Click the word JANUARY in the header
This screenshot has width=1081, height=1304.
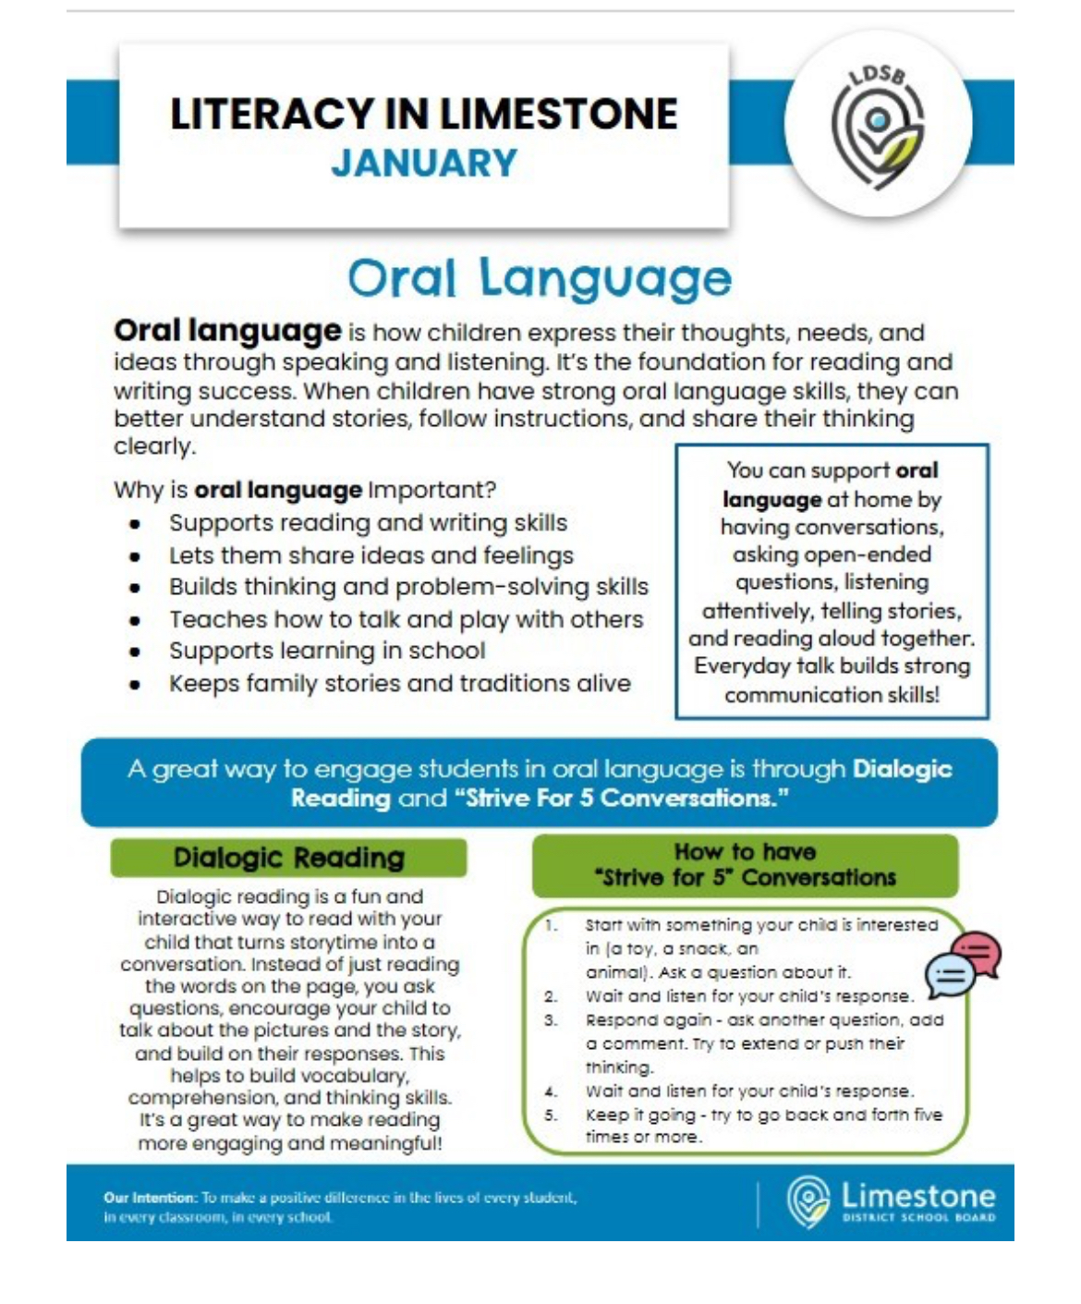click(x=424, y=164)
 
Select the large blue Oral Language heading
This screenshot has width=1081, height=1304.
click(x=540, y=278)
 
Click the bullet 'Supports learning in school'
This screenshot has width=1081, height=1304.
click(x=326, y=651)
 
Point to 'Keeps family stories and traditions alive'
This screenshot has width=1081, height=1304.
click(x=399, y=684)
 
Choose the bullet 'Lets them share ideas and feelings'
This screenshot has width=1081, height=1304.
click(x=370, y=555)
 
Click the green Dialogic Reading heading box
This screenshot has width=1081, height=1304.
click(x=288, y=858)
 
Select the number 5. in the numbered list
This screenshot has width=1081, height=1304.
click(x=551, y=1115)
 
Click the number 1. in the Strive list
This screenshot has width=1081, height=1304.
click(x=552, y=924)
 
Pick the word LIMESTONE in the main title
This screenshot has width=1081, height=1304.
click(x=558, y=115)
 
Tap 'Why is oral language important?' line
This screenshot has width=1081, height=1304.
click(x=305, y=490)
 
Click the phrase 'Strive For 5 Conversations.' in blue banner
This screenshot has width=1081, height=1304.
click(x=622, y=798)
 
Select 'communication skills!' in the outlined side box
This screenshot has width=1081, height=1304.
click(x=832, y=695)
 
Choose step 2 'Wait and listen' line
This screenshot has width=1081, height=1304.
click(x=748, y=996)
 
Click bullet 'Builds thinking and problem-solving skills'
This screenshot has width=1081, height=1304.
click(x=408, y=587)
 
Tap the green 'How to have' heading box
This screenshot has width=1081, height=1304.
click(x=745, y=865)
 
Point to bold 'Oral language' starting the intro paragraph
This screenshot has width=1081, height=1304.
click(x=227, y=331)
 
